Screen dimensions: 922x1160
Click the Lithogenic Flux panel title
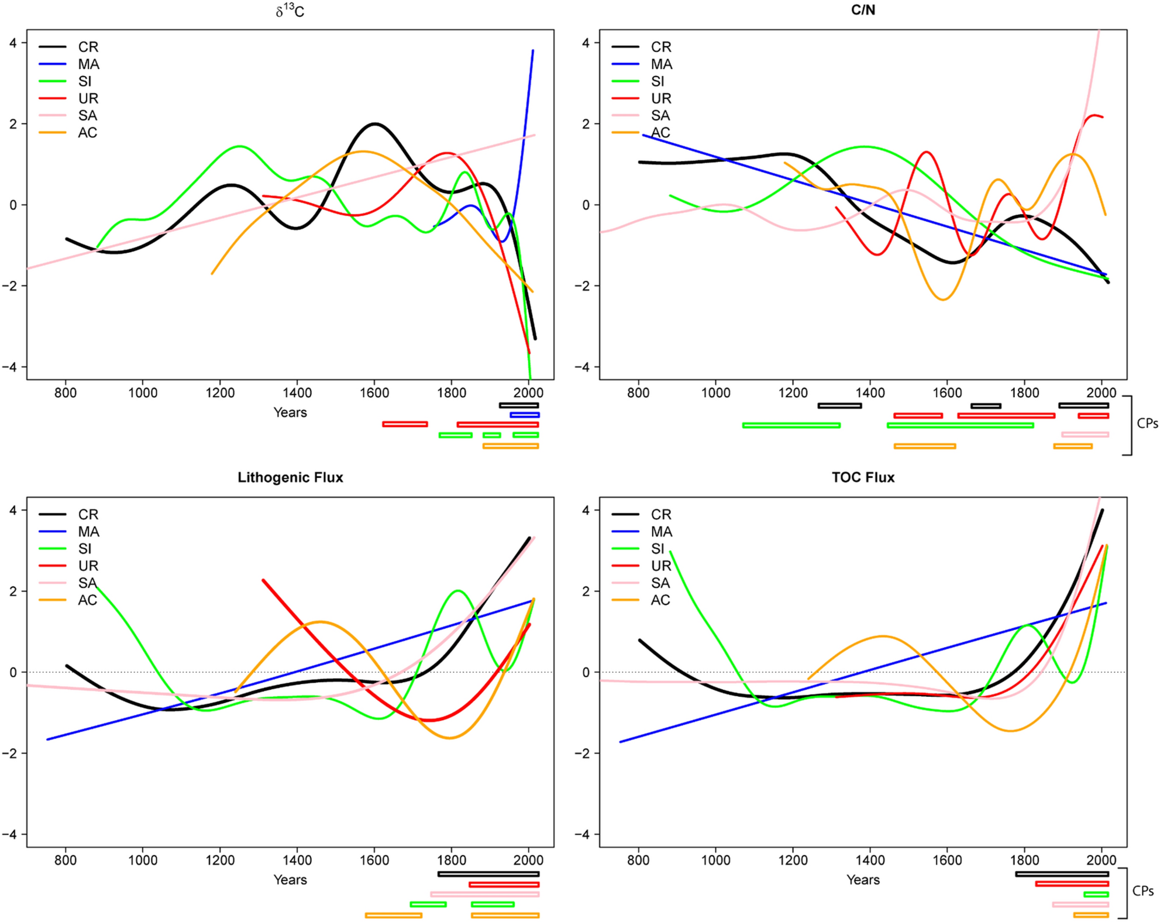pos(290,477)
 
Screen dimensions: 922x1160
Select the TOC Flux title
pos(863,477)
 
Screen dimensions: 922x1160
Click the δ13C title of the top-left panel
pos(290,11)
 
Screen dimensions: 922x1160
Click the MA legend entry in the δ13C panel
pos(88,64)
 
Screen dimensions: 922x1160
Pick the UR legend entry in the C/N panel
pos(661,98)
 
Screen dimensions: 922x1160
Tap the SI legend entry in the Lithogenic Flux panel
pos(85,549)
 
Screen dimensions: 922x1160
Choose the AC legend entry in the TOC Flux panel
pos(660,600)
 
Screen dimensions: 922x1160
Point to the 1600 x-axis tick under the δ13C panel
pos(374,393)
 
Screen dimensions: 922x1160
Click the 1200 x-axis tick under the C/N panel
pos(793,393)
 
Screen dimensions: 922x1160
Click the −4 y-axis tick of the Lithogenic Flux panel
pos(11,834)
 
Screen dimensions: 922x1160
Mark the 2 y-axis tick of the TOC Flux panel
pos(586,591)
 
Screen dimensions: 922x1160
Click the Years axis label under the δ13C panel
pos(290,412)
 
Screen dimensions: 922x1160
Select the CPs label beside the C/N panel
pos(1147,424)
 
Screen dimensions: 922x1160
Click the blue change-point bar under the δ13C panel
pos(525,415)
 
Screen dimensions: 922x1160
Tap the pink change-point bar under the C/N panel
pos(1085,435)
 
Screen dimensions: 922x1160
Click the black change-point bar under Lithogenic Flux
pos(488,874)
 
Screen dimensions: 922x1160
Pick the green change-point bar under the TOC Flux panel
pos(1096,895)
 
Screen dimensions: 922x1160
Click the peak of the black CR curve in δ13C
pos(374,124)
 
